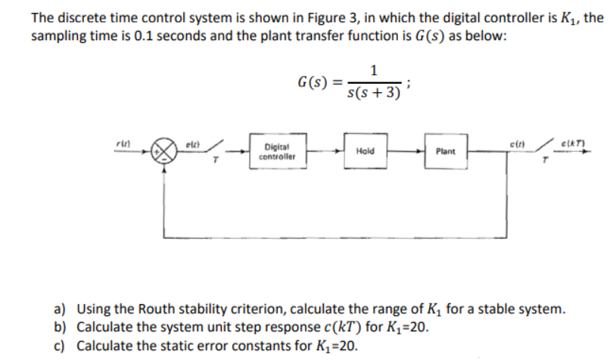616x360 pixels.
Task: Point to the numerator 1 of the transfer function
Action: [375, 71]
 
